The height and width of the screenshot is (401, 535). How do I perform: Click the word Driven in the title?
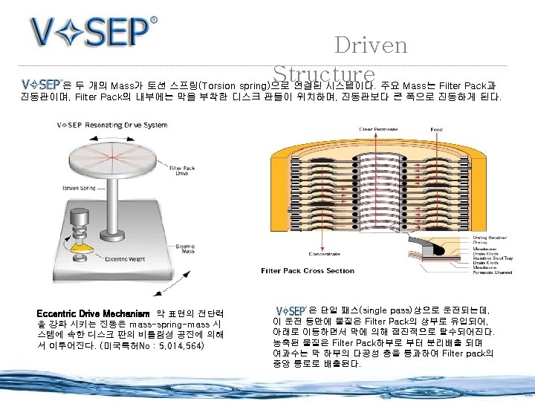click(x=371, y=45)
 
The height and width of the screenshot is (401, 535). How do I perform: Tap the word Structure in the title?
click(x=323, y=74)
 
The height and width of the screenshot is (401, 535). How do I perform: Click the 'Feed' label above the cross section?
click(x=436, y=129)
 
